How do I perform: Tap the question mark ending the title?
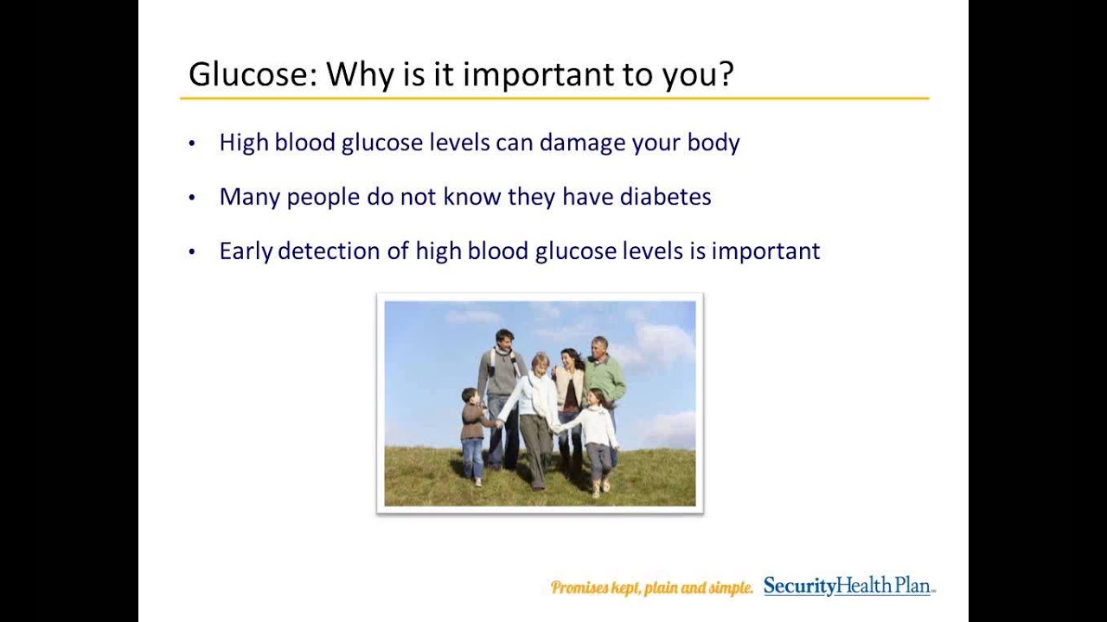click(x=725, y=74)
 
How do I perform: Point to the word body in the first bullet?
click(x=713, y=143)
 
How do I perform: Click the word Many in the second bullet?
click(x=249, y=198)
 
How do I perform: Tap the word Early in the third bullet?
click(x=246, y=251)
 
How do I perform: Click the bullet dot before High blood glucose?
click(x=192, y=143)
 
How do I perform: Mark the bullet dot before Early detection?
click(x=192, y=252)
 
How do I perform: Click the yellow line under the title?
click(x=554, y=98)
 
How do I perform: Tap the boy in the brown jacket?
click(x=473, y=435)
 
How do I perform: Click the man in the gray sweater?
click(x=500, y=395)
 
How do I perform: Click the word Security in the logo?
click(x=799, y=587)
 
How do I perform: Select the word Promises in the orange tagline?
click(x=579, y=588)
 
